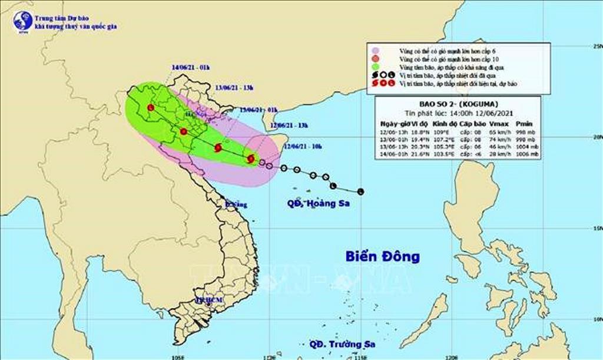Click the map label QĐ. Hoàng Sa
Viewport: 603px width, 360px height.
(x=318, y=204)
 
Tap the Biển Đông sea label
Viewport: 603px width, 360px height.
(x=382, y=256)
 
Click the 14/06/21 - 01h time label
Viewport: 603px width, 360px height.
(x=192, y=67)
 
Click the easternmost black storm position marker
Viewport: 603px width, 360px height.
(x=360, y=191)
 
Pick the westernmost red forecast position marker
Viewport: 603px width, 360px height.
(x=151, y=108)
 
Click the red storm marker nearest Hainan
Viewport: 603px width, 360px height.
(x=251, y=158)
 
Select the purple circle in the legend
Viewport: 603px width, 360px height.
(x=373, y=51)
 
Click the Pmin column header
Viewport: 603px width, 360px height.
(x=524, y=124)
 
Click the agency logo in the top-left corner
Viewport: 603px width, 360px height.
(x=22, y=21)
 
